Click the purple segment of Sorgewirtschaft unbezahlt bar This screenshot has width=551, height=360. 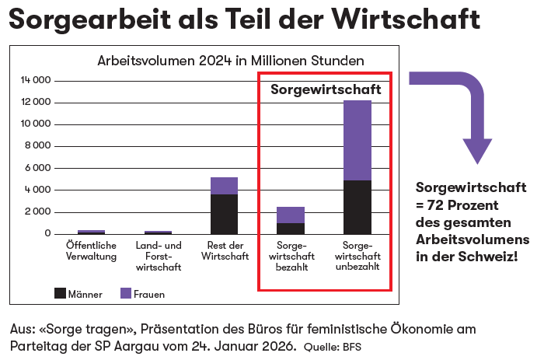coord(357,140)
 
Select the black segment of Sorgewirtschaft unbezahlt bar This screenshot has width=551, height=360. coord(357,207)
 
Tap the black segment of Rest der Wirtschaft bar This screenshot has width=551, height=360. coord(224,214)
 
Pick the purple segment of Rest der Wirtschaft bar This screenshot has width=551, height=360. coord(224,186)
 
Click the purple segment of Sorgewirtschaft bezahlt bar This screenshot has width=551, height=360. coord(291,215)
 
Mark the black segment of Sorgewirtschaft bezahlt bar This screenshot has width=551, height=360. coord(291,229)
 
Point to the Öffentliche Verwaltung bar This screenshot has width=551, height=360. coord(91,232)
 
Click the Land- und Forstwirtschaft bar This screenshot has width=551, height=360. coord(158,232)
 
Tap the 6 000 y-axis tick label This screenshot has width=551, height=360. coord(37,168)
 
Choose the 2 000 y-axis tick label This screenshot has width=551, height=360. coord(37,211)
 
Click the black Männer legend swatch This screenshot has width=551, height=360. coord(61,293)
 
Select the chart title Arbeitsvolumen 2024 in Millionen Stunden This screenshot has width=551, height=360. coord(230,61)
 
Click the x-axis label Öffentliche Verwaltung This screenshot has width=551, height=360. coord(91,251)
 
